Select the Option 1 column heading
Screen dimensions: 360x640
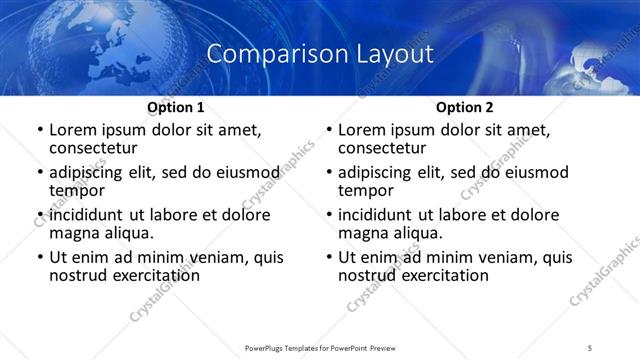click(175, 107)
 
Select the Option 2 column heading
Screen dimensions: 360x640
click(464, 107)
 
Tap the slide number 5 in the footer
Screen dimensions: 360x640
click(590, 347)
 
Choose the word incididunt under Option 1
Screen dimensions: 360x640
click(90, 215)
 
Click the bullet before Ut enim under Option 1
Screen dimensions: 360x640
click(39, 257)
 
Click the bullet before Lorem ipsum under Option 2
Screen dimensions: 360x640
click(328, 130)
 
